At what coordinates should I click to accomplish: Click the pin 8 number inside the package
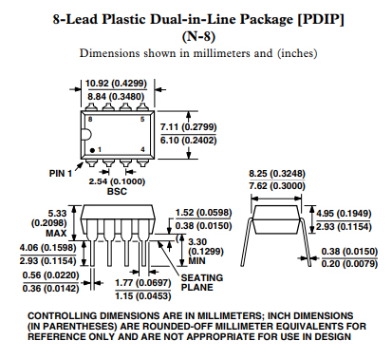[x=90, y=119]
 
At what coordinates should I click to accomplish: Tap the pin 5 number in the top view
[x=142, y=119]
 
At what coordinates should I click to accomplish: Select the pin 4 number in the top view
[x=142, y=149]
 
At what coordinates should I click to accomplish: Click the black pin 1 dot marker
[x=92, y=150]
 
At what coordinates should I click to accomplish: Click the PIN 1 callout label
[x=61, y=174]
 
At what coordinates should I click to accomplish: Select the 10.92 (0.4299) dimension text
[x=116, y=84]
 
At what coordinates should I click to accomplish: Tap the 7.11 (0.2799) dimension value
[x=188, y=127]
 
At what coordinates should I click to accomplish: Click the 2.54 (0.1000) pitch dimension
[x=117, y=181]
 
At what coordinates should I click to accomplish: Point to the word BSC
[x=117, y=191]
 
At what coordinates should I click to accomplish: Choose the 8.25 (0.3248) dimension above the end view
[x=277, y=174]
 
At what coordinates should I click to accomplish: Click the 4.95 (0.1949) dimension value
[x=344, y=214]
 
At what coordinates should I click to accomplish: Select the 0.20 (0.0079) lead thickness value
[x=349, y=263]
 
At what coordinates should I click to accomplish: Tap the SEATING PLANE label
[x=202, y=282]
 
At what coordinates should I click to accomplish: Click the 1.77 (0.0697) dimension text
[x=143, y=282]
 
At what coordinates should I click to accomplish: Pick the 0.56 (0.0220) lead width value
[x=50, y=275]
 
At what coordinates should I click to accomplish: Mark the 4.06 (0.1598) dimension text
[x=48, y=247]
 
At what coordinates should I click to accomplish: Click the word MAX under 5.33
[x=56, y=234]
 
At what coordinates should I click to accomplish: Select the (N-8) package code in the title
[x=198, y=37]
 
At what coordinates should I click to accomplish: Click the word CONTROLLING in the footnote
[x=62, y=315]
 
